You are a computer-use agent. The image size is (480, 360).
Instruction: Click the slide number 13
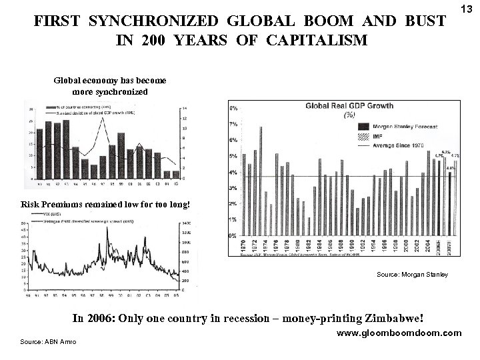tap(466, 8)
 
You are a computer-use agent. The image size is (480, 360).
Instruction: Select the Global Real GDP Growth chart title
tap(349, 105)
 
